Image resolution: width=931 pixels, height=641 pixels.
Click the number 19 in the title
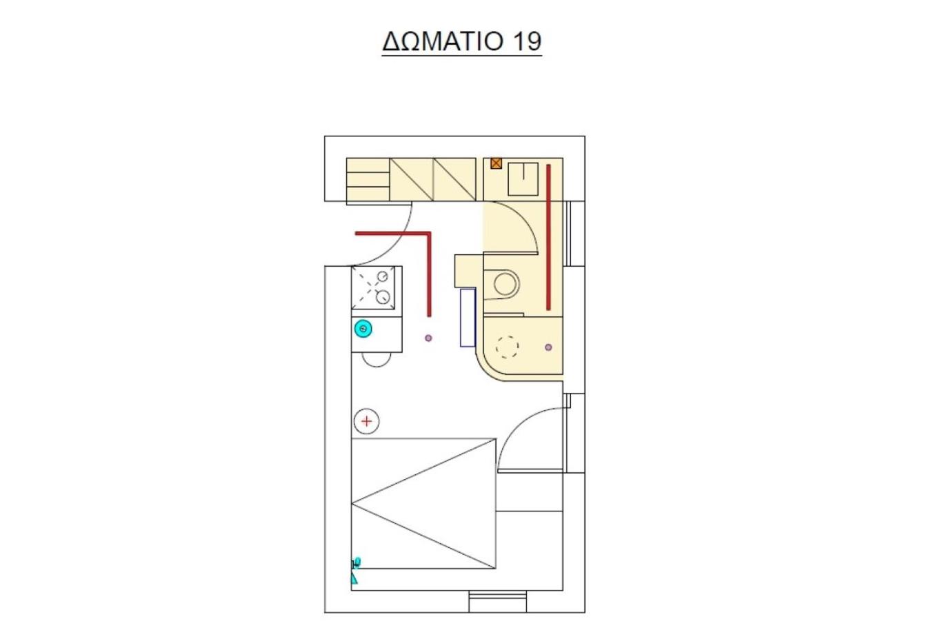[x=528, y=41]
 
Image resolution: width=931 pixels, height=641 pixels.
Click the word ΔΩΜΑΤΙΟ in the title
[x=443, y=41]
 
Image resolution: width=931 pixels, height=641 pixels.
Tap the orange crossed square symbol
[x=496, y=163]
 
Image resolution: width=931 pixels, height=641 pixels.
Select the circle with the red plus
[x=366, y=422]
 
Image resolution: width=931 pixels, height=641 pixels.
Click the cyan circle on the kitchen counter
[x=363, y=329]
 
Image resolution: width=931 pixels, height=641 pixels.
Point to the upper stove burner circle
[x=382, y=276]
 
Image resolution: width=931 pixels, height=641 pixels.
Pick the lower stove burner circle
[x=382, y=297]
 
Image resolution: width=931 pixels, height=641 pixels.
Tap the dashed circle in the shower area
[x=507, y=347]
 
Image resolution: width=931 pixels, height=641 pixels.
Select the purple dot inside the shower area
[x=548, y=347]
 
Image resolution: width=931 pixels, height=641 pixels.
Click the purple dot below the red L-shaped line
[x=428, y=338]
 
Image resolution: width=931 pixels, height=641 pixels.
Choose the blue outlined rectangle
[x=468, y=318]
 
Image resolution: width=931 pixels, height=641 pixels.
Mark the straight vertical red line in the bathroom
[x=548, y=237]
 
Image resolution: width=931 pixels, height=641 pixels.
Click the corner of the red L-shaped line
[x=430, y=234]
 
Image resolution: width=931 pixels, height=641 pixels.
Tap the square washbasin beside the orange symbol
[x=523, y=179]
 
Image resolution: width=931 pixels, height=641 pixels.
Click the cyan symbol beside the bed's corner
[x=355, y=571]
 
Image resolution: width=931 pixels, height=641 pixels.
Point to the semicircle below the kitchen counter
[x=377, y=366]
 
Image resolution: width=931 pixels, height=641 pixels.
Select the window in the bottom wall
[x=497, y=601]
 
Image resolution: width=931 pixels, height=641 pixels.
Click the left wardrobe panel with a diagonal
[x=412, y=179]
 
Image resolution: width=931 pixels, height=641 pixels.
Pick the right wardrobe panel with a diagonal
[x=454, y=179]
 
